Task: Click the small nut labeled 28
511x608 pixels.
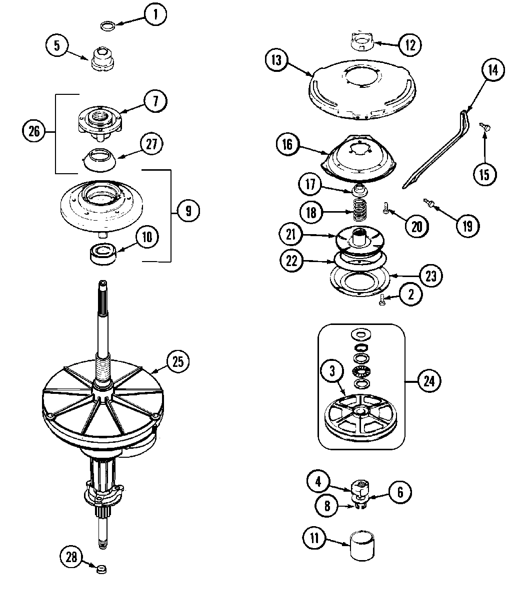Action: coord(102,568)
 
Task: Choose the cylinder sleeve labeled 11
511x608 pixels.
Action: coord(362,546)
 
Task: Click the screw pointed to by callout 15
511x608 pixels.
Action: coord(483,113)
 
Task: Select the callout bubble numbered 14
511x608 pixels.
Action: coord(492,70)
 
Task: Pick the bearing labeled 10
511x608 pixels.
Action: coord(102,254)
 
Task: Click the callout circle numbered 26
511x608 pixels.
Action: coord(34,132)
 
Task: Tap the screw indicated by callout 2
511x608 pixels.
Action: coord(382,300)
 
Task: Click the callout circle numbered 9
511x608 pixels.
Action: coord(188,211)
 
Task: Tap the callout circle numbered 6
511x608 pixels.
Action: coord(400,492)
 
